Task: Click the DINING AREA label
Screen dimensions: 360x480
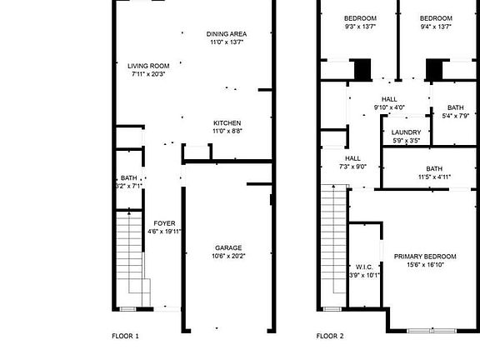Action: [227, 33]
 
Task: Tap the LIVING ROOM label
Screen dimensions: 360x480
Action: [148, 66]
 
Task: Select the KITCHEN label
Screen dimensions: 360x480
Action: [227, 122]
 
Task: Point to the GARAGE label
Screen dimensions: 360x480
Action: [228, 247]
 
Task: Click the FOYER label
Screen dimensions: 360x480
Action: [164, 223]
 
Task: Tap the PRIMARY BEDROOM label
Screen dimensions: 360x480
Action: [425, 256]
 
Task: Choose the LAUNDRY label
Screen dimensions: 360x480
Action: [406, 132]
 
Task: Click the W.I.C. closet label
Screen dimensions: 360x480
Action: [362, 267]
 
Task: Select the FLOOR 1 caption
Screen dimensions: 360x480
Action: [125, 337]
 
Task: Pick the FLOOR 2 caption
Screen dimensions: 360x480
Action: [330, 337]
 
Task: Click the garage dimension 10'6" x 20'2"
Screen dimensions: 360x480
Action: [228, 256]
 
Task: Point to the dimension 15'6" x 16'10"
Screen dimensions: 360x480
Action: [425, 264]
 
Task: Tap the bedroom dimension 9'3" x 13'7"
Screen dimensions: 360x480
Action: [360, 27]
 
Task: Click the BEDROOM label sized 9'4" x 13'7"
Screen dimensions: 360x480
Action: [436, 18]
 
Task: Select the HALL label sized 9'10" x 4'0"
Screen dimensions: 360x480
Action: [389, 99]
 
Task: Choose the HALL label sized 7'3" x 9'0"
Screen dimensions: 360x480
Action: [352, 158]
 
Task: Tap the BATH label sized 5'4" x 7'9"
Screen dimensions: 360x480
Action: [455, 107]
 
